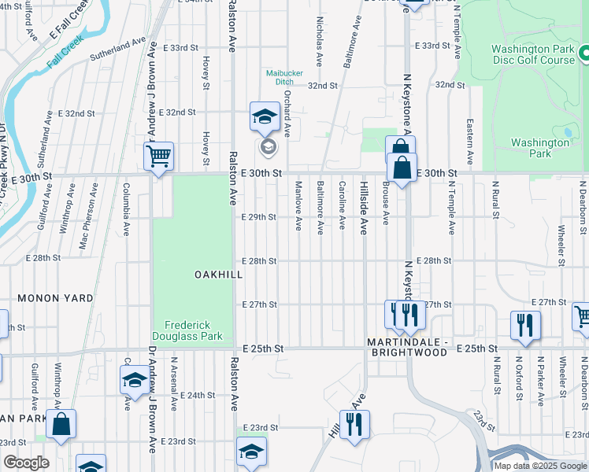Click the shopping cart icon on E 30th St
pyautogui.click(x=159, y=157)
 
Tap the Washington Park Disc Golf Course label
pyautogui.click(x=533, y=53)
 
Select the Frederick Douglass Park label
pyautogui.click(x=194, y=330)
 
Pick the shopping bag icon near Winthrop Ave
pyautogui.click(x=61, y=425)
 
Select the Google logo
pyautogui.click(x=26, y=463)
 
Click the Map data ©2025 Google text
pyautogui.click(x=541, y=466)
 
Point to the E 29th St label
pyautogui.click(x=258, y=216)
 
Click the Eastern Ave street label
pyautogui.click(x=470, y=136)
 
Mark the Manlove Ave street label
pyautogui.click(x=298, y=206)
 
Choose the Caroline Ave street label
pyautogui.click(x=342, y=205)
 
